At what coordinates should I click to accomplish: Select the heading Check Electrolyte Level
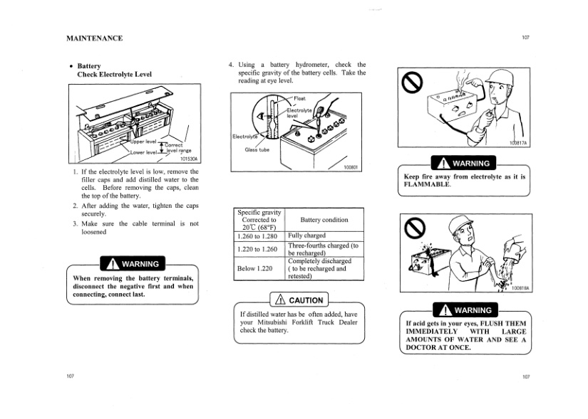point(114,74)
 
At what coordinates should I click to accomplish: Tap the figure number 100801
point(349,168)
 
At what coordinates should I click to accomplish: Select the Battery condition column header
point(324,221)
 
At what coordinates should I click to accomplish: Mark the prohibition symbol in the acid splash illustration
point(413,229)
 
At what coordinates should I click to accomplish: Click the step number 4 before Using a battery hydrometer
point(230,64)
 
